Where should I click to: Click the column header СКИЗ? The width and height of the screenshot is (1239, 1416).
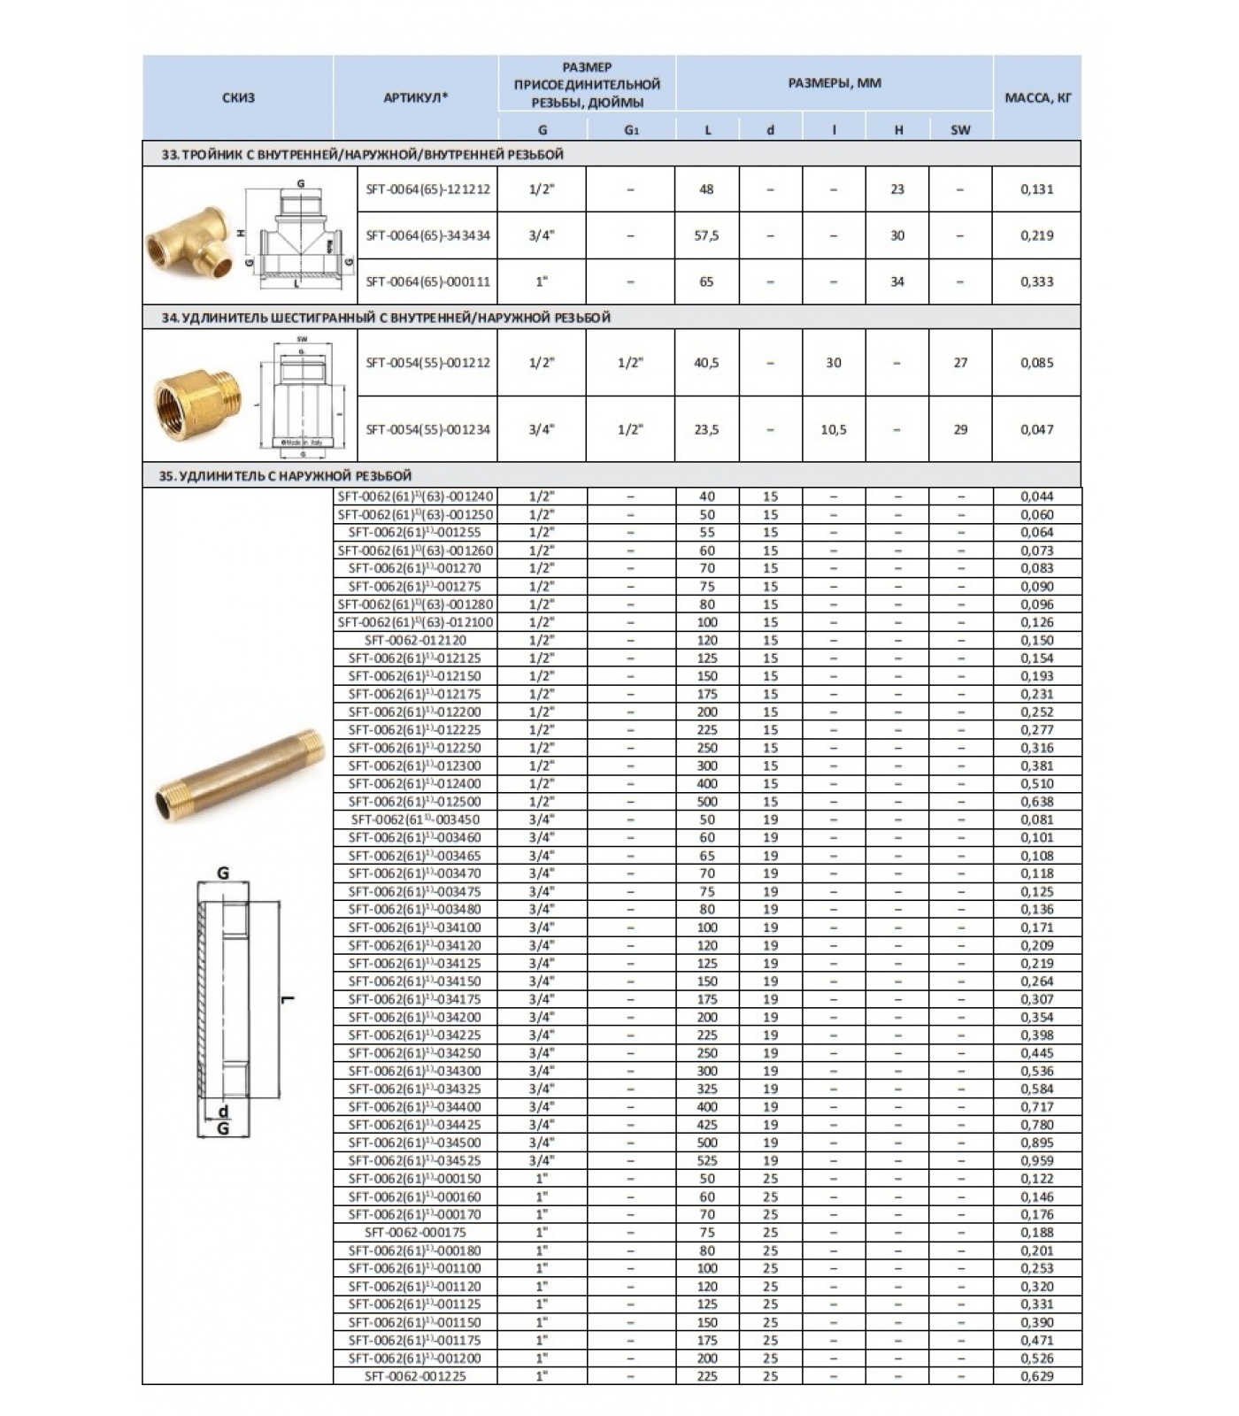click(238, 98)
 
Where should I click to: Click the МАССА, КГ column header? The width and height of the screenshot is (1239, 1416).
click(1037, 98)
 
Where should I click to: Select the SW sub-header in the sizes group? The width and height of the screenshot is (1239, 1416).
click(960, 130)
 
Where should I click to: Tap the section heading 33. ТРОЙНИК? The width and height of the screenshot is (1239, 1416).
click(362, 155)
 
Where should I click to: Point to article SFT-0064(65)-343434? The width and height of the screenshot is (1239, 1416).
click(427, 235)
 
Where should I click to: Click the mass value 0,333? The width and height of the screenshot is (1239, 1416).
click(1036, 281)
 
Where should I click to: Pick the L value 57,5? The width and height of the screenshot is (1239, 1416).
click(706, 235)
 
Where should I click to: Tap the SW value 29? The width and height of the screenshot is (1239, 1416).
click(960, 429)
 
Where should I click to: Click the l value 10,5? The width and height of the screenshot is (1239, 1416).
click(833, 429)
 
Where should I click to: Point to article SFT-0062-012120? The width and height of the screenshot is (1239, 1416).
click(415, 640)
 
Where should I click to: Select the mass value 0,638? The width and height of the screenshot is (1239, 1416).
click(1036, 802)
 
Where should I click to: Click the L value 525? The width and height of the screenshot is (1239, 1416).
click(707, 1160)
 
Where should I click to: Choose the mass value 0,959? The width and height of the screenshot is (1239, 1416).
click(1036, 1160)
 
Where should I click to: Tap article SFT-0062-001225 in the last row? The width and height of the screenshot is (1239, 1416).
click(415, 1376)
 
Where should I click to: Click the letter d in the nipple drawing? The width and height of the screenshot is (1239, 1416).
click(223, 1112)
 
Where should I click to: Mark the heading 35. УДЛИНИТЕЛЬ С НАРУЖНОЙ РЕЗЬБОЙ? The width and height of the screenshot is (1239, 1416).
click(285, 476)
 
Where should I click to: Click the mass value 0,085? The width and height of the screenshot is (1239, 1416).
click(1036, 363)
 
